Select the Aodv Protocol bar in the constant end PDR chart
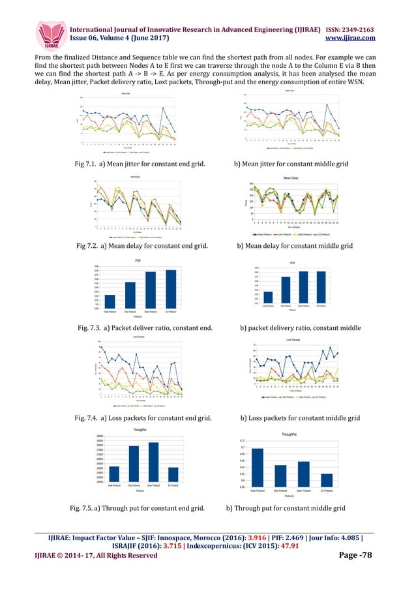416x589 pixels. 110,301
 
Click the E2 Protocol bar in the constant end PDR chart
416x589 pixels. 171,289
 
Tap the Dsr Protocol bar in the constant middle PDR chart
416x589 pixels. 286,290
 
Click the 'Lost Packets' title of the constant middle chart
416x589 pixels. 293,340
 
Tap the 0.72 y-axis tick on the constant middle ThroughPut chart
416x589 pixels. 242,441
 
